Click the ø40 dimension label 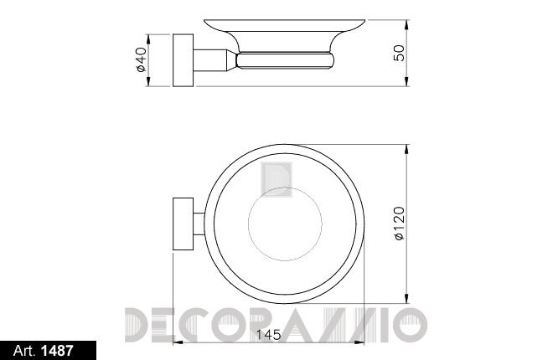[141, 59]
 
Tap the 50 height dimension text [399, 53]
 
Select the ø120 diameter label [399, 224]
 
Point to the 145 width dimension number [268, 335]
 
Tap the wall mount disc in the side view [183, 60]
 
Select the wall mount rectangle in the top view [183, 224]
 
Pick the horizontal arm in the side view [212, 60]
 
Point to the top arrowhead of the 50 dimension [407, 25]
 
